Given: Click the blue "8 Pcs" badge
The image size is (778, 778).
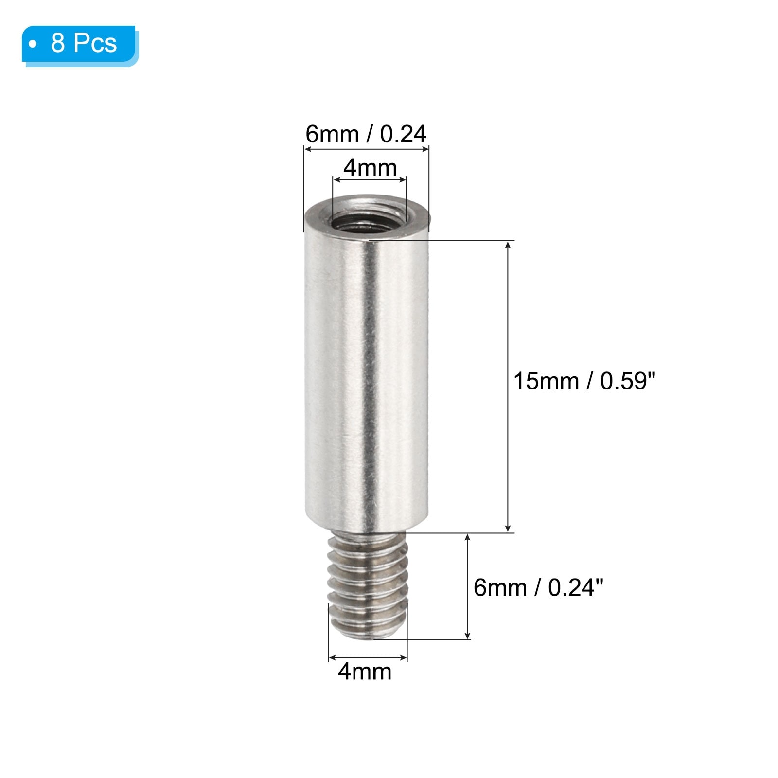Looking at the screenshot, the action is (80, 45).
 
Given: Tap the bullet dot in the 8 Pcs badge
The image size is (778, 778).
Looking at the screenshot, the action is (33, 44).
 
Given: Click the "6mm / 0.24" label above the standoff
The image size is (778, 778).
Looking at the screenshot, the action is (366, 134).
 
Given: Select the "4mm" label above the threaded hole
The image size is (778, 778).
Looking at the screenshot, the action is (370, 168).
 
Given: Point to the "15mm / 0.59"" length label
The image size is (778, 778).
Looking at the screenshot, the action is (584, 381).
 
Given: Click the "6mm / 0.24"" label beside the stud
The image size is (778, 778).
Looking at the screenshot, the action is (538, 588).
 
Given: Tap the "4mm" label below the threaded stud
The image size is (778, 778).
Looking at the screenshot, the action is (365, 672).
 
